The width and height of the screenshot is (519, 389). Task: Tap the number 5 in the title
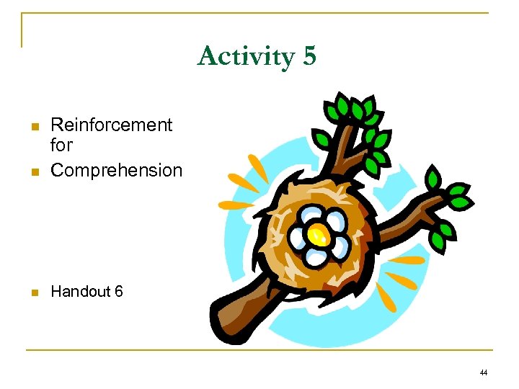click(x=309, y=56)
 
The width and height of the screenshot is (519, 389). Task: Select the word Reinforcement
click(x=112, y=125)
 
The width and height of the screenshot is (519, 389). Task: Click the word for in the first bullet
click(x=61, y=146)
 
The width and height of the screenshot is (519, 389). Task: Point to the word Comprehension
click(x=117, y=171)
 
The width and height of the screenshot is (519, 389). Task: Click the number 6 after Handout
click(x=118, y=292)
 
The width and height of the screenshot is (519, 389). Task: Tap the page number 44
click(x=483, y=372)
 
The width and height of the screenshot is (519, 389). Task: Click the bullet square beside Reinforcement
click(x=33, y=127)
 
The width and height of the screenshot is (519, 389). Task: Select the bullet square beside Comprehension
click(x=33, y=172)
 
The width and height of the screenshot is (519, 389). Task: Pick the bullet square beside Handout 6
click(x=33, y=293)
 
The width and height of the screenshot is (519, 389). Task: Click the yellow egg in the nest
click(x=316, y=233)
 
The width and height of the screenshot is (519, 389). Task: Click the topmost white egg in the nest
click(x=314, y=214)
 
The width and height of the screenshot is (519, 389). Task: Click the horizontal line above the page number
click(x=259, y=350)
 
